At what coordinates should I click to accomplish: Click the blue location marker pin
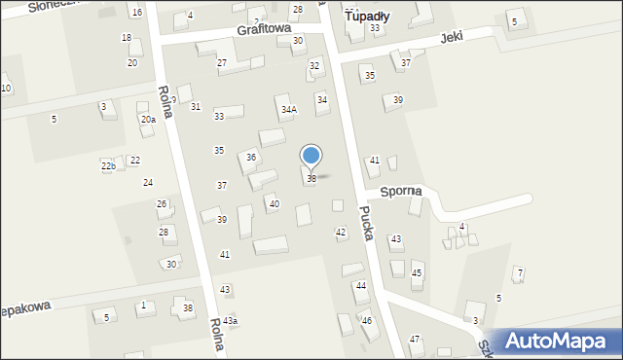pos(311,157)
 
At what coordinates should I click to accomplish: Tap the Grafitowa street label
pos(264,30)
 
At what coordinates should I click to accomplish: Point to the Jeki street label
pos(451,37)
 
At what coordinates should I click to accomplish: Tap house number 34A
pos(288,110)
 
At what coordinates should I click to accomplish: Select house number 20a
pos(148,120)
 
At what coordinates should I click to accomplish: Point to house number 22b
pos(108,166)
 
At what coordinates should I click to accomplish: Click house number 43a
pos(230,321)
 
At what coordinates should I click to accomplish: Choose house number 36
pos(251,158)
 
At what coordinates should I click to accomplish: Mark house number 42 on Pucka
pos(341,232)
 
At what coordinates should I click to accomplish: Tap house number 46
pos(367,320)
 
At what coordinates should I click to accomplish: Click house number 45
pos(417,273)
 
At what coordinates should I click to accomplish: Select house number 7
pos(520,271)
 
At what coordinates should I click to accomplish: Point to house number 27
pos(222,63)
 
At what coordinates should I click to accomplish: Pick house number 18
pos(126,38)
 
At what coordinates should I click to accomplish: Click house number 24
pos(148,183)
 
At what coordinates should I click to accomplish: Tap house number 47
pos(415,339)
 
